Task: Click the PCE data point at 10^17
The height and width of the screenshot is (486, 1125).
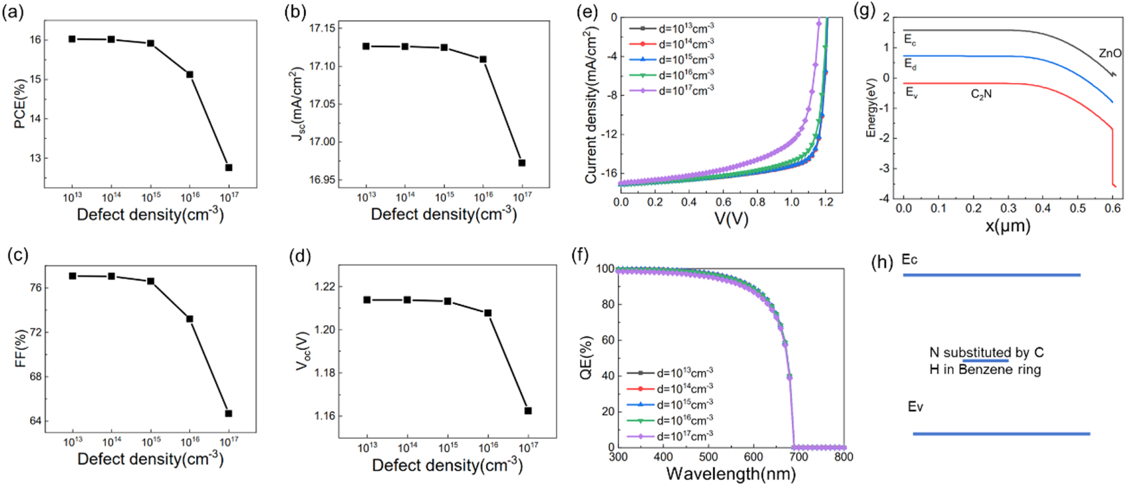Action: (x=229, y=167)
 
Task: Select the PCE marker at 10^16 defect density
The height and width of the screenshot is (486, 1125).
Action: (x=190, y=75)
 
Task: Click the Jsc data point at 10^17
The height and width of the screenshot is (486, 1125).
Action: (x=522, y=163)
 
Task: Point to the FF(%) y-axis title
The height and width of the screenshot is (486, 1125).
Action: (x=21, y=349)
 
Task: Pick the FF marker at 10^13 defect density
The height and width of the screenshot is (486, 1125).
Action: (x=73, y=276)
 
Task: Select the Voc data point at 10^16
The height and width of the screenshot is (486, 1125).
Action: (x=488, y=313)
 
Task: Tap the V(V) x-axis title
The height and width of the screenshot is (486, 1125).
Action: (x=731, y=219)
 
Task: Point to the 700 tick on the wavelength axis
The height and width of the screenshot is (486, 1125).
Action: (x=799, y=457)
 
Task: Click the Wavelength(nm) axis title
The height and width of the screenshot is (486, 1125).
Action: (x=731, y=474)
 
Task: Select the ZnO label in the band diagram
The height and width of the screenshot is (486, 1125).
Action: (x=1109, y=54)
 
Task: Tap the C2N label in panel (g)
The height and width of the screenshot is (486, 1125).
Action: (x=981, y=94)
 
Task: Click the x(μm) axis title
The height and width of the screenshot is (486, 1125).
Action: (x=1008, y=226)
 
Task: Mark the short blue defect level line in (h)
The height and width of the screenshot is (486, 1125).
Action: (x=985, y=360)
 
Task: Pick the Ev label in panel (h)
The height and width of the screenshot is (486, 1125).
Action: (x=915, y=407)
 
